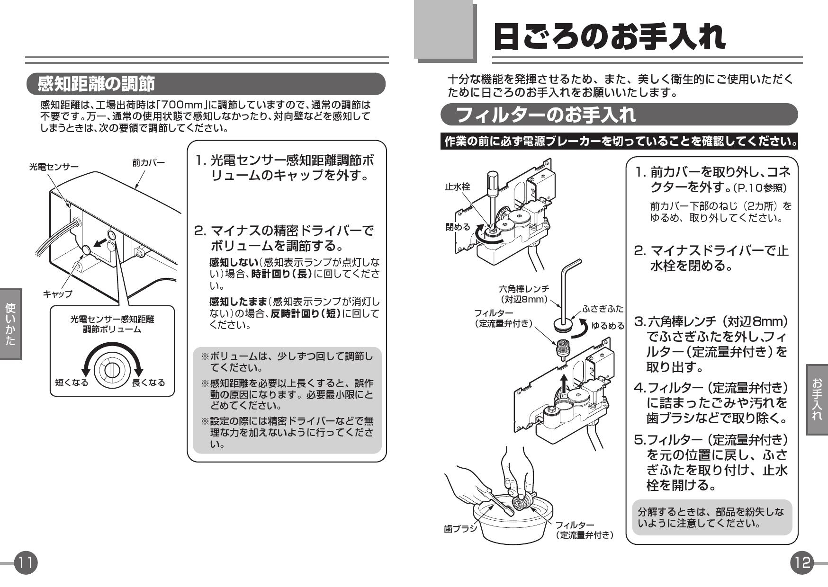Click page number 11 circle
pos(26,563)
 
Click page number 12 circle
pos(801,563)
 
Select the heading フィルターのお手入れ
pos(545,115)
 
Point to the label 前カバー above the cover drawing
pos(148,163)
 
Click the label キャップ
pos(57,294)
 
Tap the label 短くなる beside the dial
pos(71,382)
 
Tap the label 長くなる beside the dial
pos(148,382)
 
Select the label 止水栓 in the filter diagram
pos(457,187)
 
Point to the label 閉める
pos(458,227)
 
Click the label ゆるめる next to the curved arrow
pos(608,326)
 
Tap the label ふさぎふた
pos(603,309)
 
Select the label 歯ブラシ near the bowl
pos(460,528)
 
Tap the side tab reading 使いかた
pos(10,324)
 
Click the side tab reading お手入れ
pos(817,399)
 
